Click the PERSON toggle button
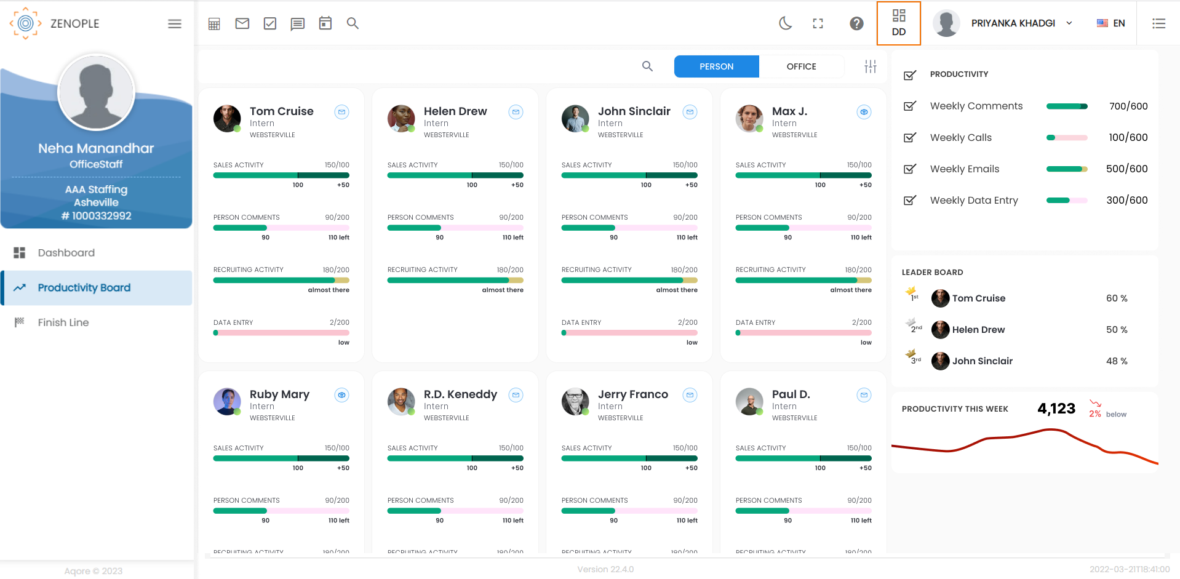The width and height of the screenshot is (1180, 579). click(x=716, y=66)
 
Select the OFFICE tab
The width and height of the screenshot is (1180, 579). click(x=801, y=66)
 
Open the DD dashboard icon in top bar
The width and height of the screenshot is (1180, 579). click(x=898, y=23)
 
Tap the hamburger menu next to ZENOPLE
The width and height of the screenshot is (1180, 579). click(x=175, y=24)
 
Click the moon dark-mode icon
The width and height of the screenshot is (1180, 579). click(x=785, y=23)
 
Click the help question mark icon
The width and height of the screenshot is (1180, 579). click(x=856, y=23)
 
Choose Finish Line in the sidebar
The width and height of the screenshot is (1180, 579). click(x=63, y=322)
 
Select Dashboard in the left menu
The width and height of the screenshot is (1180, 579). click(x=66, y=253)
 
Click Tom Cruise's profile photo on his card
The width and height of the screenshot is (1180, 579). click(x=227, y=118)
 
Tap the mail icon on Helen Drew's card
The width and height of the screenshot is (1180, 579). click(x=516, y=112)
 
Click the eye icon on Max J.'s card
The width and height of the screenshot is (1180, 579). click(x=864, y=112)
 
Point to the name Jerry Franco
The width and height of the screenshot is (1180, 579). click(x=632, y=394)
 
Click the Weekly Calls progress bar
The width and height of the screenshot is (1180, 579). click(x=1066, y=138)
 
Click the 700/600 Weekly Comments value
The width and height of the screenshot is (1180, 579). click(x=1128, y=106)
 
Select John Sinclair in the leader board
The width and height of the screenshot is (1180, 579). click(x=982, y=361)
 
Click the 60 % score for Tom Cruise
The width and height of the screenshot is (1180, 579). click(x=1116, y=298)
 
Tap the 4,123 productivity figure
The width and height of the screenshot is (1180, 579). click(x=1056, y=409)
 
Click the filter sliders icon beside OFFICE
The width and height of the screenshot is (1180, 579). click(x=870, y=66)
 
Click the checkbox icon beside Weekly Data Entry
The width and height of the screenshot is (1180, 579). click(x=909, y=201)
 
